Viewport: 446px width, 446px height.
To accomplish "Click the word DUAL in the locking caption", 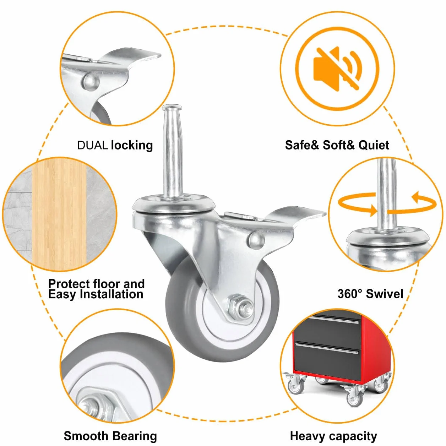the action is (x=92, y=145).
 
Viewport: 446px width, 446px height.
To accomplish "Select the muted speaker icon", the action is (x=337, y=69).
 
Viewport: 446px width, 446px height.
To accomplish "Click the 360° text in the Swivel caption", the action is (x=350, y=294).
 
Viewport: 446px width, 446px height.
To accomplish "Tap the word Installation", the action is (x=111, y=294).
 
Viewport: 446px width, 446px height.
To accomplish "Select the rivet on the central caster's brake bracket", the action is (x=256, y=241).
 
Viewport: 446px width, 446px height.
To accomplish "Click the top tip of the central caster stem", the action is (x=172, y=105).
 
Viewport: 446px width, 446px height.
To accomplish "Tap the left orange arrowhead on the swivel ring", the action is (x=372, y=210).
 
